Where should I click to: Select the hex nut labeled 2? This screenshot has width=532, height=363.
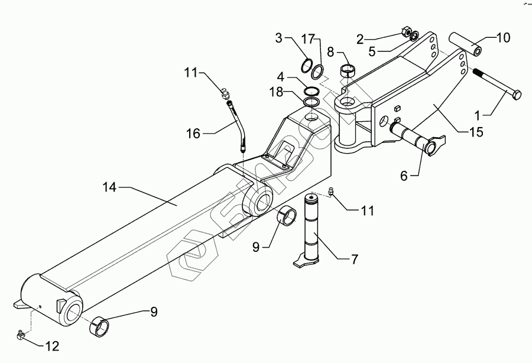(406, 32)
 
